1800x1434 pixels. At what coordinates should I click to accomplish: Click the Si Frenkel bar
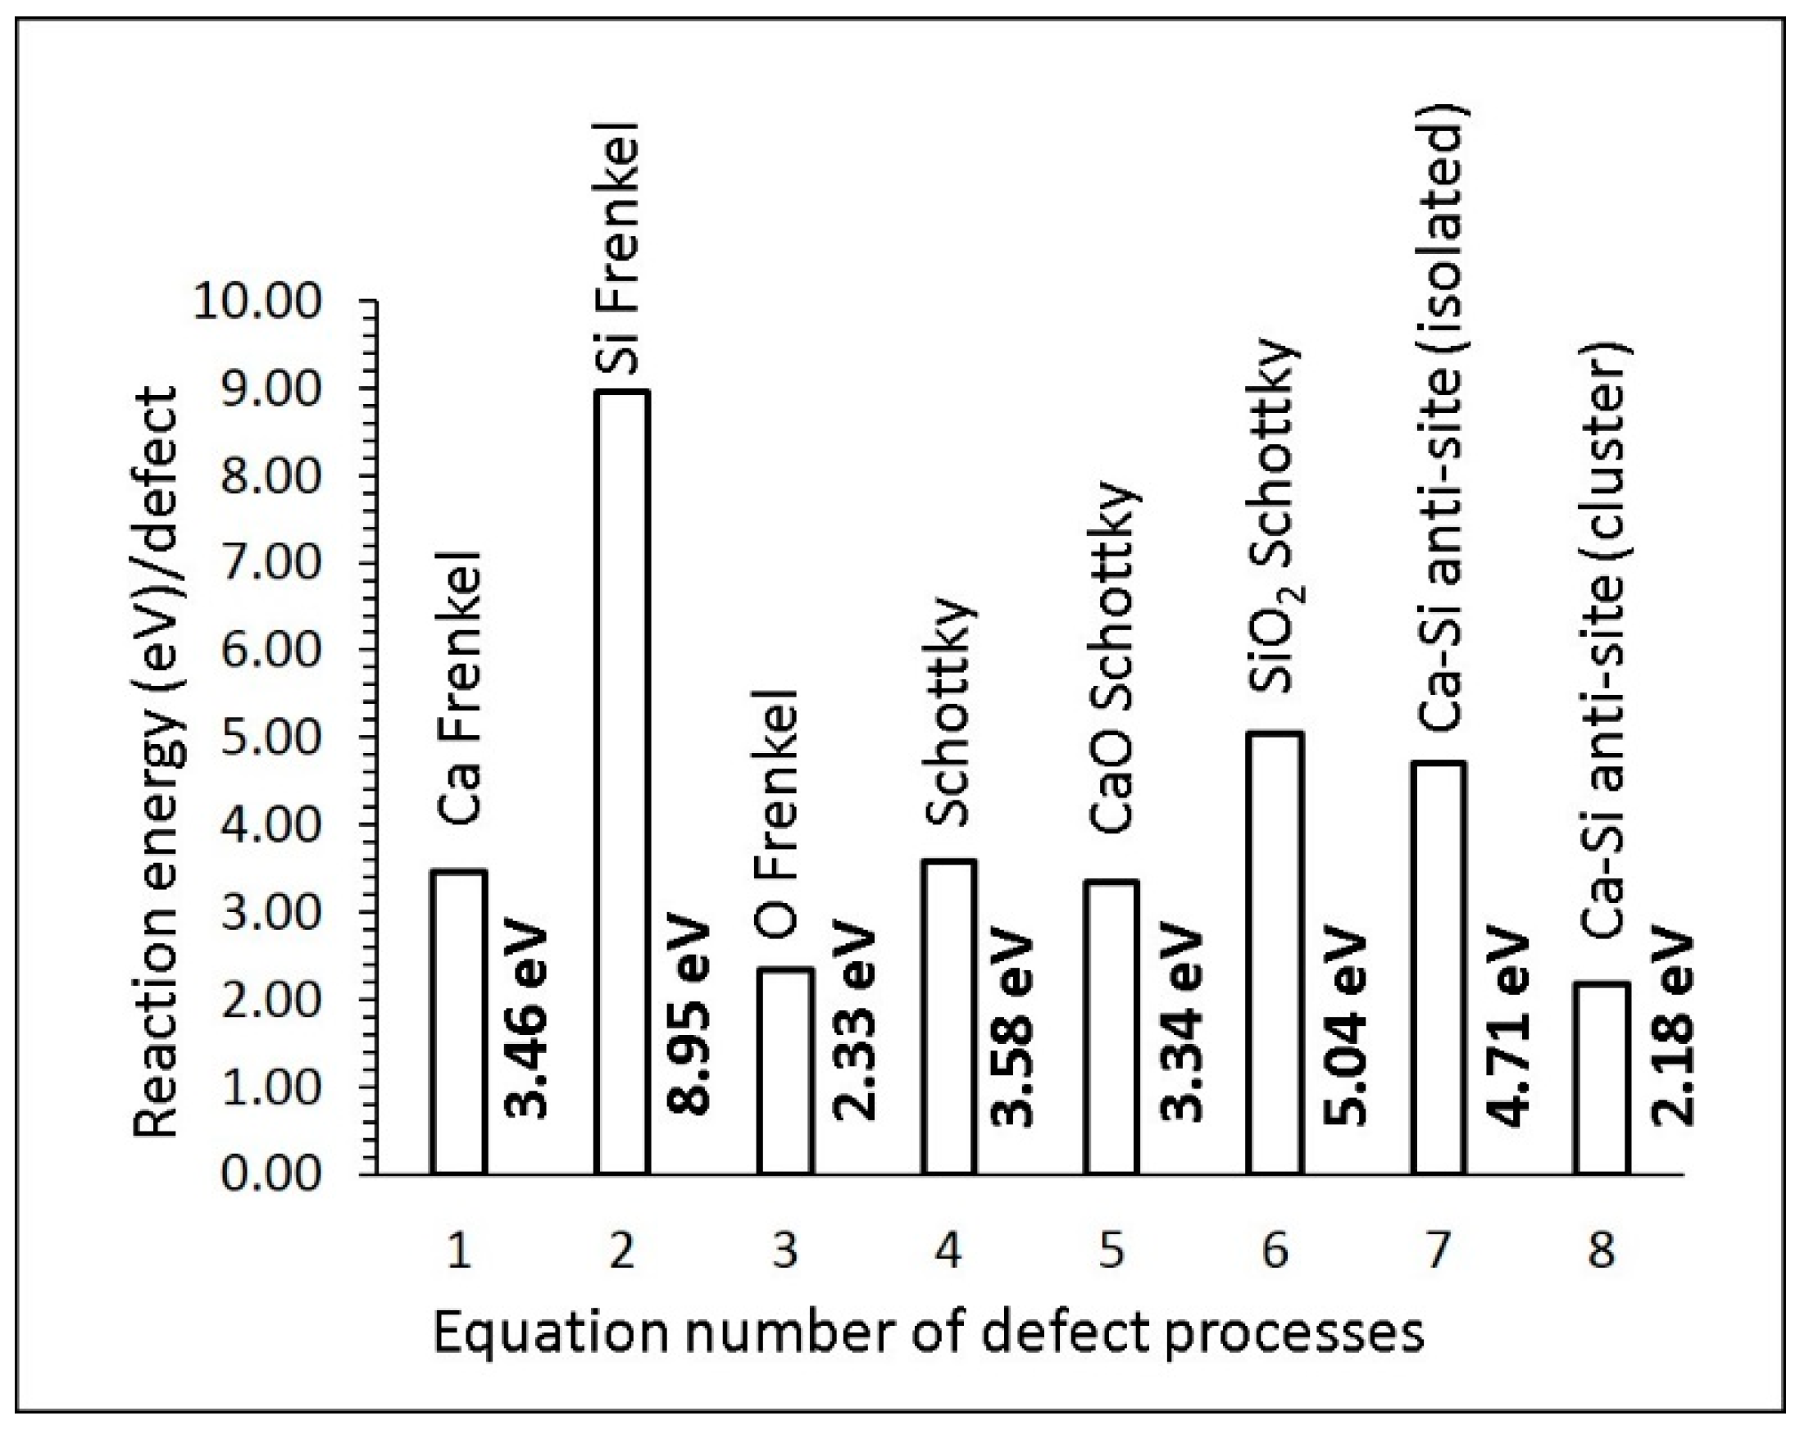click(x=622, y=781)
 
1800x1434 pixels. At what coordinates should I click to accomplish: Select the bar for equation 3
click(x=785, y=1071)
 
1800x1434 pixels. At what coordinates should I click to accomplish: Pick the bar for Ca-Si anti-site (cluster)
click(x=1602, y=1078)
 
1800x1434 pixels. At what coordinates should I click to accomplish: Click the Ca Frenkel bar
click(x=458, y=1022)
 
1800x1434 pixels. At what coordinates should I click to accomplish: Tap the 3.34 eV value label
click(x=1182, y=1025)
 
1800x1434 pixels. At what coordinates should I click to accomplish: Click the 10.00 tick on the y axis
click(x=257, y=302)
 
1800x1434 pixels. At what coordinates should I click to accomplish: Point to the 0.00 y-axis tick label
click(x=270, y=1173)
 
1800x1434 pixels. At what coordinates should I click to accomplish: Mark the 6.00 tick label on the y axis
click(x=270, y=651)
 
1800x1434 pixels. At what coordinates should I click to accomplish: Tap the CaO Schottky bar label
click(x=1114, y=658)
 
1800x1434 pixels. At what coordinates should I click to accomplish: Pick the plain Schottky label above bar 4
click(x=950, y=711)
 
